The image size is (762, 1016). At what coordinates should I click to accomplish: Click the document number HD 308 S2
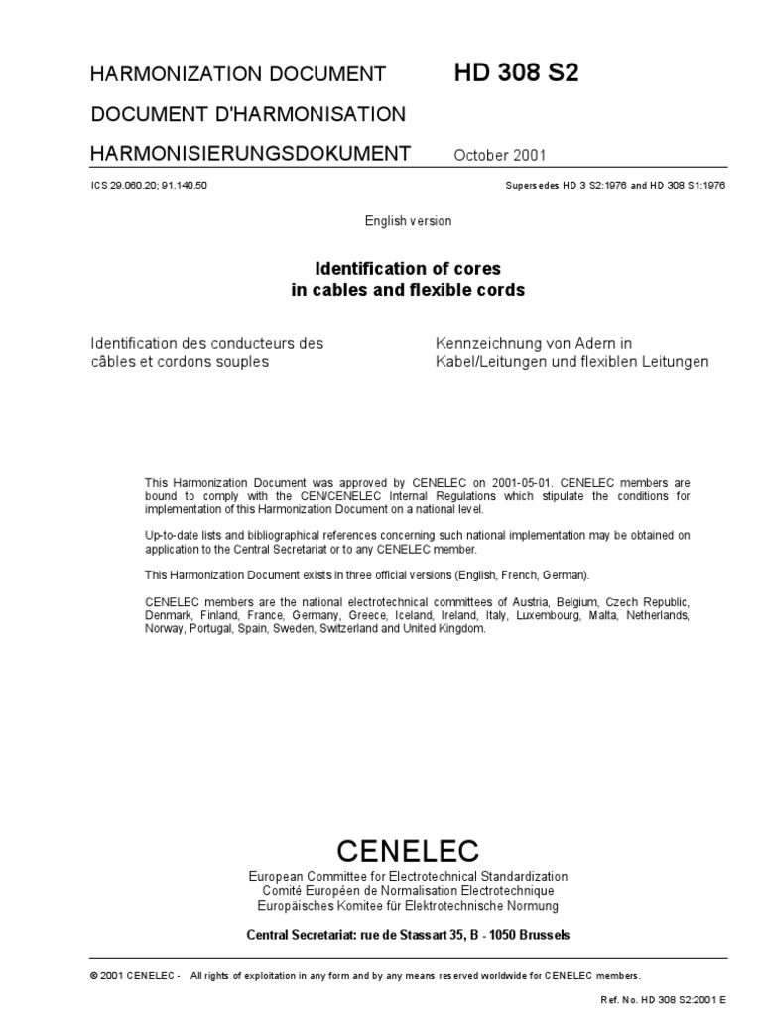point(509,72)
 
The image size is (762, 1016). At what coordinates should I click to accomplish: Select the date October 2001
point(499,155)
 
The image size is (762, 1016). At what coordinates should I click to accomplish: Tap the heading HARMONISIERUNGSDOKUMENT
point(250,153)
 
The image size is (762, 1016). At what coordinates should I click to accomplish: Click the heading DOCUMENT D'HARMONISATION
point(248,114)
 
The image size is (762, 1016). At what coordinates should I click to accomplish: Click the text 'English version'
point(408,221)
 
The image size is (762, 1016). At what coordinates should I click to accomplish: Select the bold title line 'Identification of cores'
point(408,269)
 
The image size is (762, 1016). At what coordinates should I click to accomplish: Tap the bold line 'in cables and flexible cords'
point(408,291)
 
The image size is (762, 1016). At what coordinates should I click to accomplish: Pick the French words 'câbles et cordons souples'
point(180,362)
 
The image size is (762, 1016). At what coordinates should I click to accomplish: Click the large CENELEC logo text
point(408,850)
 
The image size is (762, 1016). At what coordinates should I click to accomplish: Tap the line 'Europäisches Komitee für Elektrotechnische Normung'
point(408,906)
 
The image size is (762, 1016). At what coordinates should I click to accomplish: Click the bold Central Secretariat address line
point(408,935)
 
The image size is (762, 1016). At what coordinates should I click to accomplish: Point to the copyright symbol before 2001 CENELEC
point(93,975)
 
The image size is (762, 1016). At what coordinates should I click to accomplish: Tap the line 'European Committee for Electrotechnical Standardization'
point(408,877)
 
